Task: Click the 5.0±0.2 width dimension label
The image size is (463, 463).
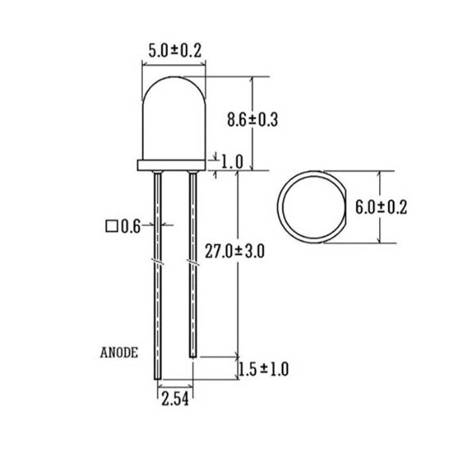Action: tap(175, 50)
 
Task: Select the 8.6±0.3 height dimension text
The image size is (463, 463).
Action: tap(253, 120)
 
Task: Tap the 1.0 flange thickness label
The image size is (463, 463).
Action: tap(232, 162)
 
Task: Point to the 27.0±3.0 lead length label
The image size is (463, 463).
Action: tap(234, 251)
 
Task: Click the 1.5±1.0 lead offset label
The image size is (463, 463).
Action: tap(263, 369)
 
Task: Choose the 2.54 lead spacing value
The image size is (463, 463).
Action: tap(175, 400)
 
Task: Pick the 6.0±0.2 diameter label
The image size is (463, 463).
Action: tap(381, 207)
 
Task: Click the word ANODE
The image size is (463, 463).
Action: tap(119, 353)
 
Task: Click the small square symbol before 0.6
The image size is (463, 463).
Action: tap(112, 226)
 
